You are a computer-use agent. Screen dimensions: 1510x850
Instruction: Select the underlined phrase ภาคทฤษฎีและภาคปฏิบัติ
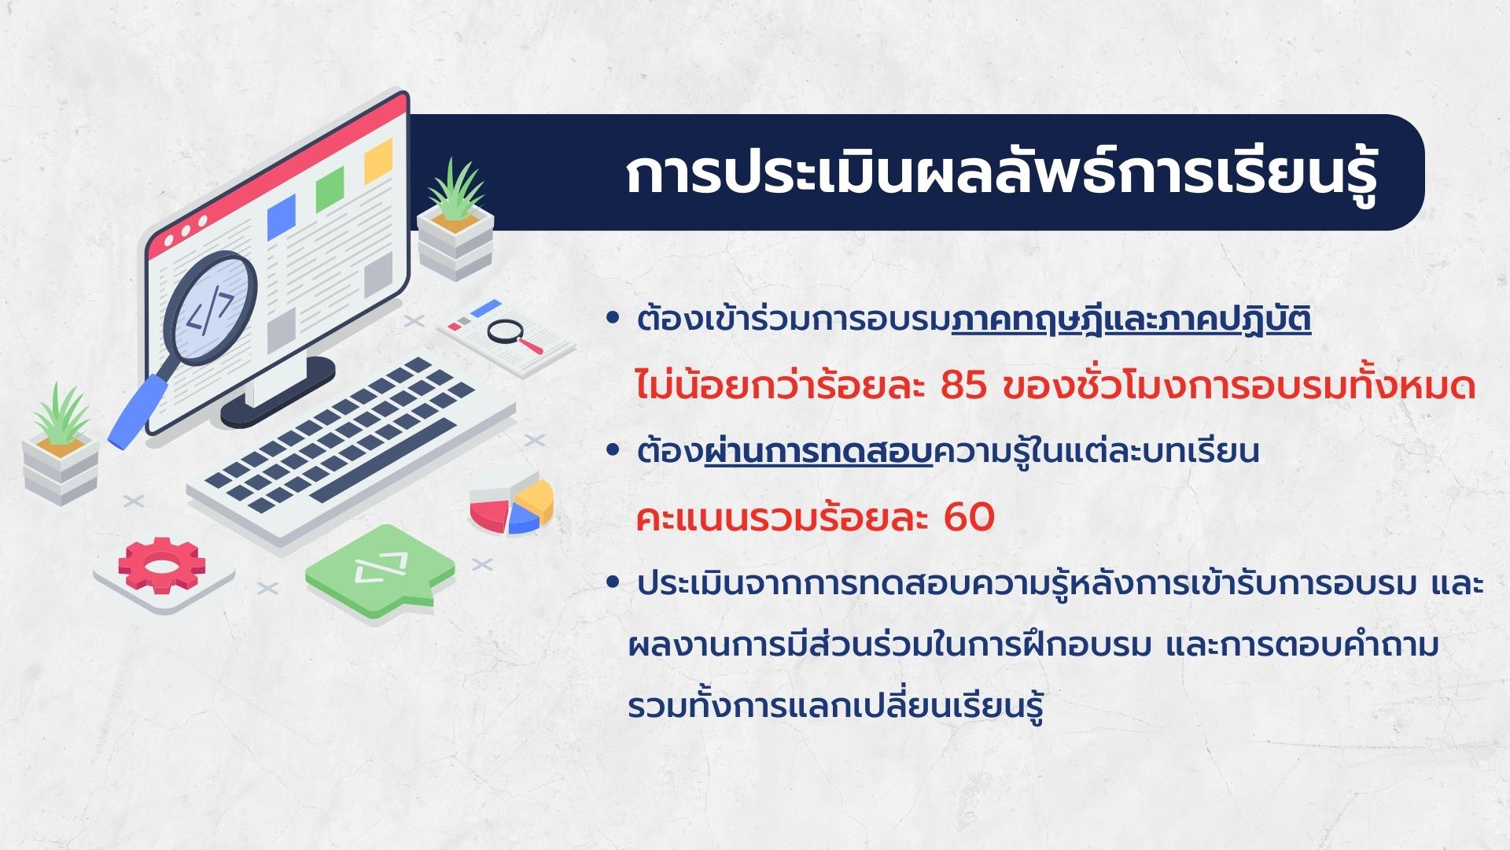point(1131,321)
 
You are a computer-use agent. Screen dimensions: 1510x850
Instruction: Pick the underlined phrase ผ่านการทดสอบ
point(818,452)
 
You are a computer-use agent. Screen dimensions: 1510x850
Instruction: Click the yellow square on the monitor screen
point(378,161)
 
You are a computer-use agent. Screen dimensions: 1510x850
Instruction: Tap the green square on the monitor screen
point(330,189)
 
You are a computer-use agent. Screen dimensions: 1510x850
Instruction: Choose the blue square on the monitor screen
point(281,217)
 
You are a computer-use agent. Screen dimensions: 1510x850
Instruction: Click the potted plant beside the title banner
point(455,220)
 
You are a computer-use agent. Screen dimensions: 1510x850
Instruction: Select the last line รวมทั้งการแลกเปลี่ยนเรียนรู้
point(835,706)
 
